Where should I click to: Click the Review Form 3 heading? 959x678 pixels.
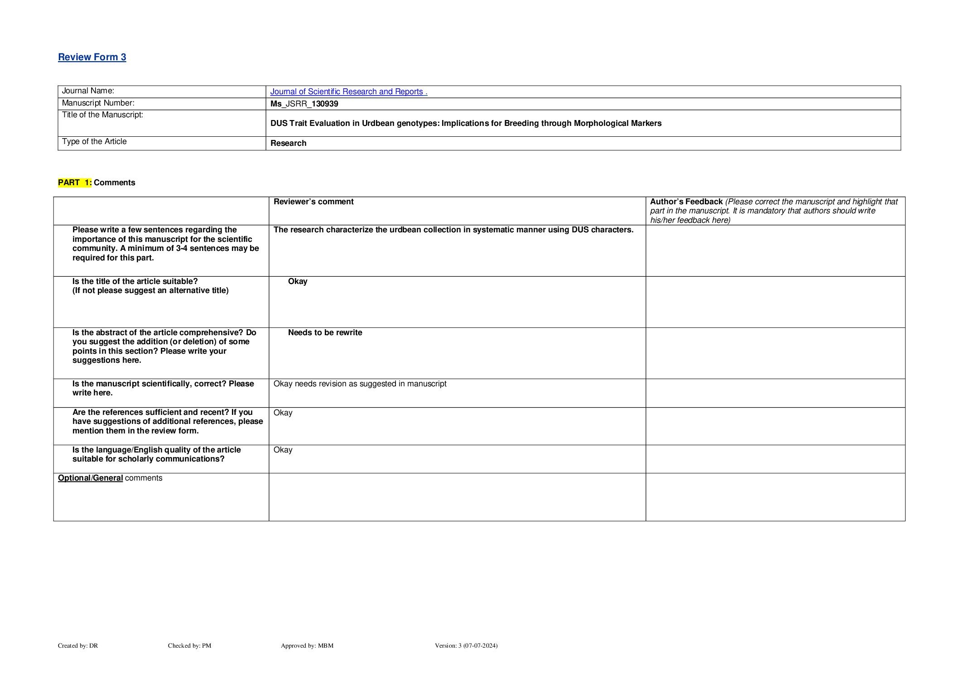(x=92, y=57)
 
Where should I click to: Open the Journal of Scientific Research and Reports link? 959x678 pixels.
(x=348, y=91)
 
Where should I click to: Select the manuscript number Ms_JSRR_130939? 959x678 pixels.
(x=304, y=104)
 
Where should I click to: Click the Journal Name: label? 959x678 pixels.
(x=88, y=91)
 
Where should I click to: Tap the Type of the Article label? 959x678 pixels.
(x=94, y=142)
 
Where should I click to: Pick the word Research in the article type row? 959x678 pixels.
(x=288, y=143)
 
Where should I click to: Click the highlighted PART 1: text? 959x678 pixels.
(x=75, y=183)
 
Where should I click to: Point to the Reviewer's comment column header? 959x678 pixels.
(x=313, y=202)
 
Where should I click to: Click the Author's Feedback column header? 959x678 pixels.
(x=686, y=202)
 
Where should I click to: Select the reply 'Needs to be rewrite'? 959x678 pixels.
(x=325, y=332)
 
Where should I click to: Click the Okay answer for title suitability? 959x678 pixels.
(x=298, y=281)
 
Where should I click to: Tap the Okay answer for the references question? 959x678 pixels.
(x=283, y=413)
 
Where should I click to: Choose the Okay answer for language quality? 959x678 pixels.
(x=283, y=450)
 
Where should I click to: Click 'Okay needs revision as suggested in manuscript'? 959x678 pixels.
(x=360, y=384)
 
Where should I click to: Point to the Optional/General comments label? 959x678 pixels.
(x=110, y=478)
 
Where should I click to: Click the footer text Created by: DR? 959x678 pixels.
(x=78, y=646)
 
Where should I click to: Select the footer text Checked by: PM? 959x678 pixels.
(x=189, y=646)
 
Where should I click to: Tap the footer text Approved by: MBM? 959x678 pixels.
(x=307, y=646)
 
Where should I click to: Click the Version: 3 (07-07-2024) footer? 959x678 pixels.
(x=466, y=646)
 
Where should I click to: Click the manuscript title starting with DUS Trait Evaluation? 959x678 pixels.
(x=466, y=123)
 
